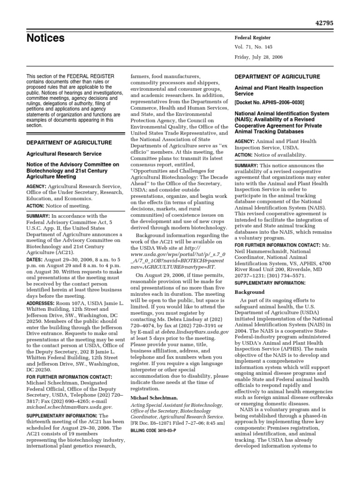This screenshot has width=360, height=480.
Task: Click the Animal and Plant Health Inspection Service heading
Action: click(x=279, y=91)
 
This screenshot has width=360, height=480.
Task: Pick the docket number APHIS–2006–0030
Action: click(x=269, y=102)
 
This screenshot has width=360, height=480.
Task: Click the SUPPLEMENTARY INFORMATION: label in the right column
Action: click(x=270, y=283)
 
